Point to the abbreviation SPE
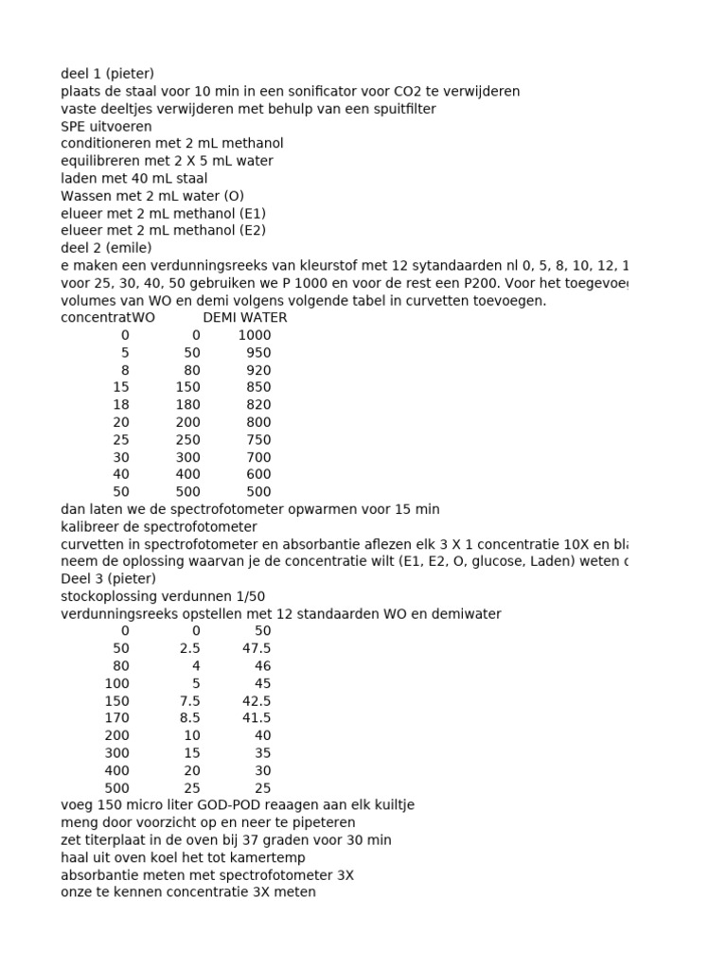pos(75,126)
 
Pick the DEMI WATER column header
pos(245,317)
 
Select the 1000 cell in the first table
pos(254,335)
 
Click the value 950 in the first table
pos(257,352)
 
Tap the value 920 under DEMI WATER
pos(257,370)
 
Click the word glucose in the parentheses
pos(496,561)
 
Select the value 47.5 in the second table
pos(256,648)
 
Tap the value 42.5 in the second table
pos(256,700)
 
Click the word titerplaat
pos(114,839)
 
